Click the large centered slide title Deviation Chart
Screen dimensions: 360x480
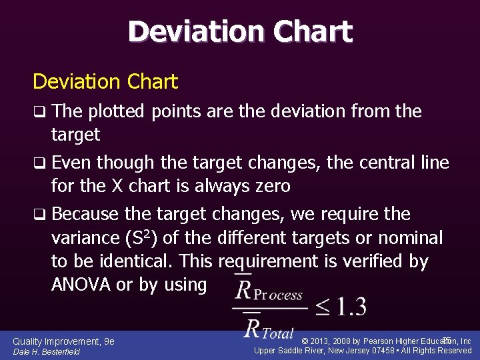click(240, 31)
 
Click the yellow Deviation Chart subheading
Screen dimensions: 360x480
click(105, 82)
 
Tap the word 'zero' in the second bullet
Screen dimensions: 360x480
click(269, 186)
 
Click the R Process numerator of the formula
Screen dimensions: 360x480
click(270, 292)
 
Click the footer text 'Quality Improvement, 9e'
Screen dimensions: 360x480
click(63, 341)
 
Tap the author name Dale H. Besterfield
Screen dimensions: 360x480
click(46, 351)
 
